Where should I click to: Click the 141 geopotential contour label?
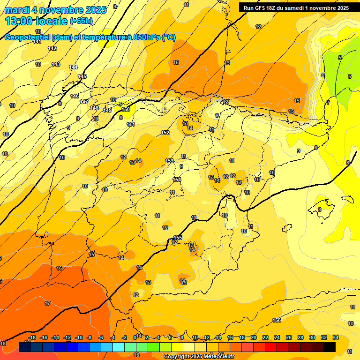click(x=37, y=42)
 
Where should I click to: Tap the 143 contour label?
click(x=56, y=64)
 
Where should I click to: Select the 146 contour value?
click(x=75, y=96)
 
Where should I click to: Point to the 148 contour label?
click(x=94, y=108)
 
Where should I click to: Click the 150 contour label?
click(x=126, y=109)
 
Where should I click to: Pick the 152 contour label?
click(x=165, y=133)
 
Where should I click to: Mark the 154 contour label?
click(x=177, y=180)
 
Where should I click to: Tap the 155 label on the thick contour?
click(x=178, y=238)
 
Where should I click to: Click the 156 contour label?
click(x=277, y=320)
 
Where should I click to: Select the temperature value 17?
click(x=47, y=303)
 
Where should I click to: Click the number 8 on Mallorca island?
click(x=320, y=210)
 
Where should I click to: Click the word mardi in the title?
click(x=17, y=9)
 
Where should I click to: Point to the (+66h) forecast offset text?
click(x=81, y=21)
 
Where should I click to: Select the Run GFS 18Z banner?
click(x=296, y=8)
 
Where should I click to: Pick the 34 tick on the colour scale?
click(x=336, y=337)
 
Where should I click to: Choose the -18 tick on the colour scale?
click(x=32, y=337)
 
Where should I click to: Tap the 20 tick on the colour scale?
click(x=254, y=337)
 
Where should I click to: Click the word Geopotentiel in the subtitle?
click(x=28, y=37)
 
